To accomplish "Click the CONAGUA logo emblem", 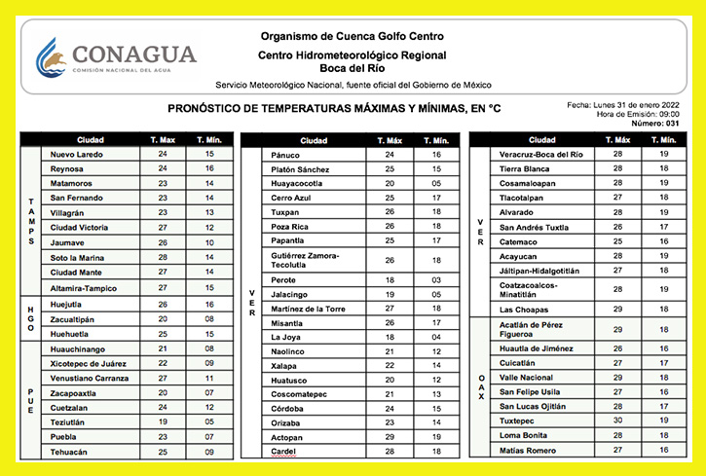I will pos(51,57).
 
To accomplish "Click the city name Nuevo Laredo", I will pos(76,154).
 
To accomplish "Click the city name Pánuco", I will pos(285,155).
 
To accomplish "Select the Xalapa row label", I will pos(284,365).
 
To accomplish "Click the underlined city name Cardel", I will pos(284,452).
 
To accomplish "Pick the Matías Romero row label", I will pos(528,450).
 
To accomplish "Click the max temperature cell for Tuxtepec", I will pos(617,421).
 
